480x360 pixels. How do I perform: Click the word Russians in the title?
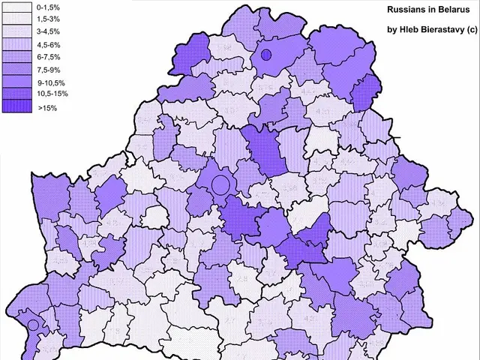click(x=408, y=12)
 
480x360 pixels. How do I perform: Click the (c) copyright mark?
click(x=471, y=30)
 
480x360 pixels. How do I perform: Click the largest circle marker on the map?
click(x=220, y=183)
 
